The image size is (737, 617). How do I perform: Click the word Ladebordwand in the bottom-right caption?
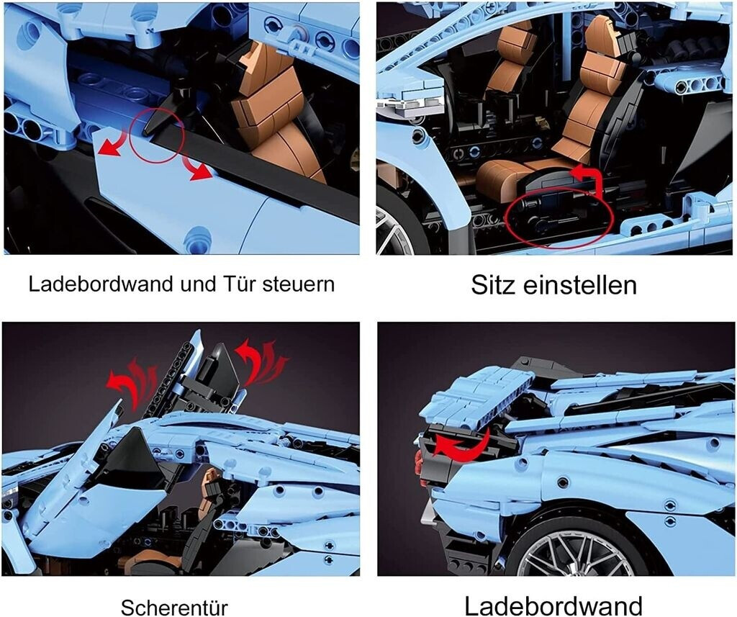click(x=553, y=605)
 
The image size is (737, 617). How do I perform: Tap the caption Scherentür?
click(x=174, y=607)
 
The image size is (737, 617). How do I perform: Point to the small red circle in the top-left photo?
click(x=158, y=135)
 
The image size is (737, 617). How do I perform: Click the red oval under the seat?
click(x=559, y=217)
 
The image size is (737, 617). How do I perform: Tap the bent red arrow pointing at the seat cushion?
click(x=590, y=180)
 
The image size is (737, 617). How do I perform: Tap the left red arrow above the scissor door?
click(x=132, y=379)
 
